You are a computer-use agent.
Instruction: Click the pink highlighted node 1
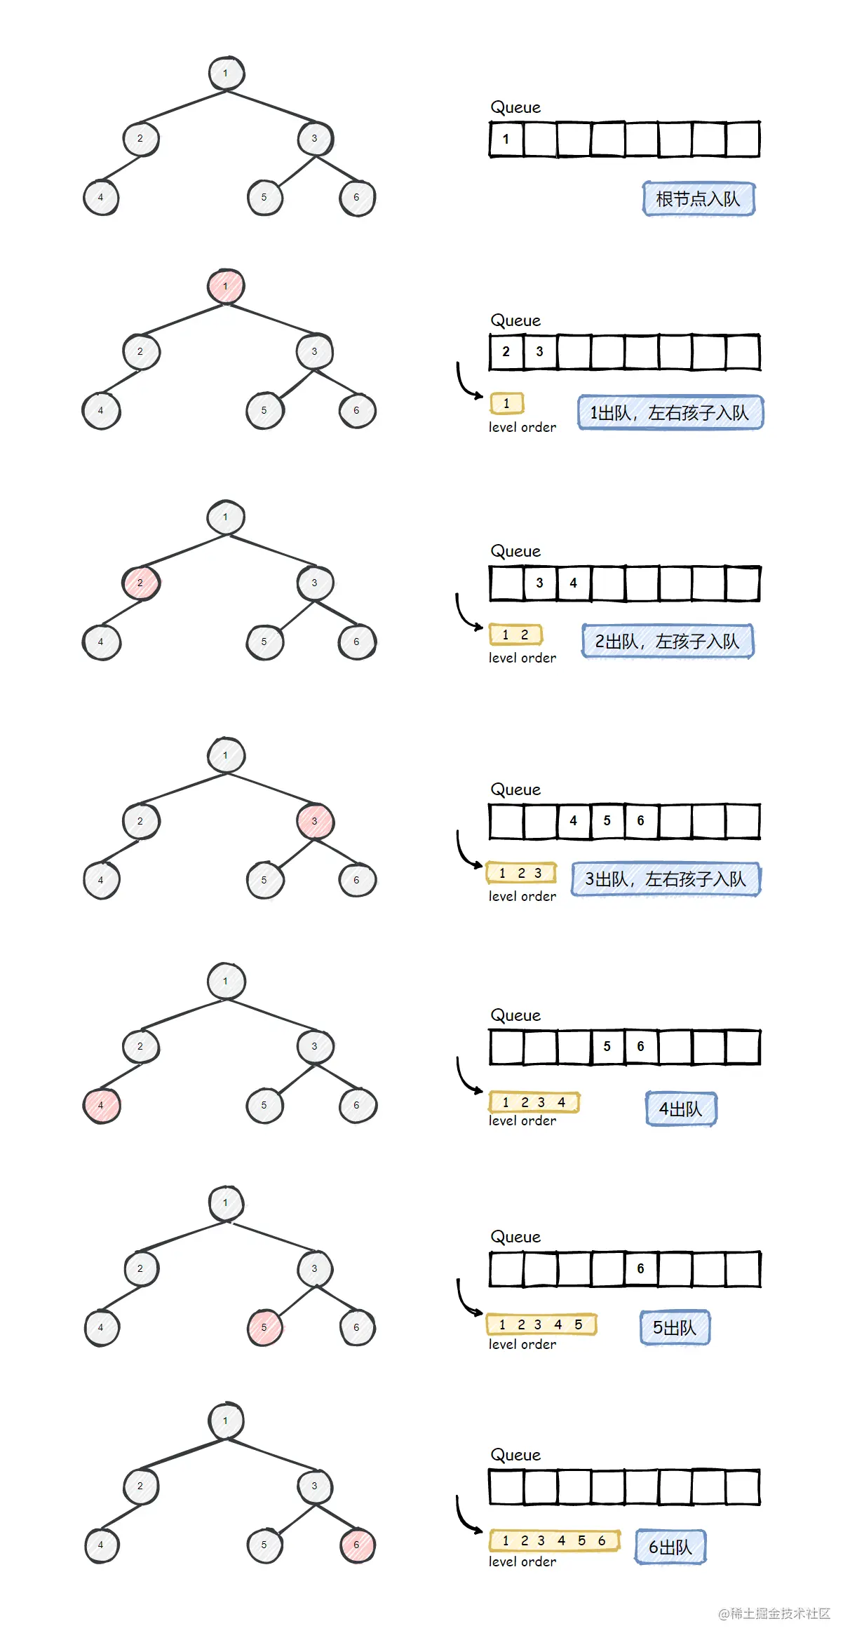[x=226, y=286]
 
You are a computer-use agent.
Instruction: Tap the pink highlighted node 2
[x=140, y=583]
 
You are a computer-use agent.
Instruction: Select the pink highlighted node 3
[x=314, y=821]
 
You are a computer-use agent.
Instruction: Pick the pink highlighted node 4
[x=101, y=1106]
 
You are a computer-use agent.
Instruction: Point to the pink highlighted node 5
[x=264, y=1327]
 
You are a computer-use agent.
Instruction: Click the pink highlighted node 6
[x=357, y=1545]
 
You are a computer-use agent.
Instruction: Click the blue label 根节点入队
[x=698, y=199]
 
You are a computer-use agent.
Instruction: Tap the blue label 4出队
[x=680, y=1109]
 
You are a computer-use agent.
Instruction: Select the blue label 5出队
[x=675, y=1327]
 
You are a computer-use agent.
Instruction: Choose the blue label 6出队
[x=670, y=1547]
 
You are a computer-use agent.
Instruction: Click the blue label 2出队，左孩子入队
[x=667, y=641]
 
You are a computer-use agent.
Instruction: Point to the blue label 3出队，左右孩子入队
[x=666, y=879]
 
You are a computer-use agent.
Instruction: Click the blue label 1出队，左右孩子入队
[x=670, y=412]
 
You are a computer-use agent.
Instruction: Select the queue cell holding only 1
[x=506, y=139]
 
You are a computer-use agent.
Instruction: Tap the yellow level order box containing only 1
[x=506, y=403]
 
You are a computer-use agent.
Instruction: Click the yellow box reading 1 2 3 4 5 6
[x=554, y=1540]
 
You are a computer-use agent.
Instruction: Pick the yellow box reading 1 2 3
[x=521, y=873]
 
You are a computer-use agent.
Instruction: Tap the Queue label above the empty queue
[x=515, y=1455]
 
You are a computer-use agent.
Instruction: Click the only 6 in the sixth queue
[x=640, y=1268]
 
